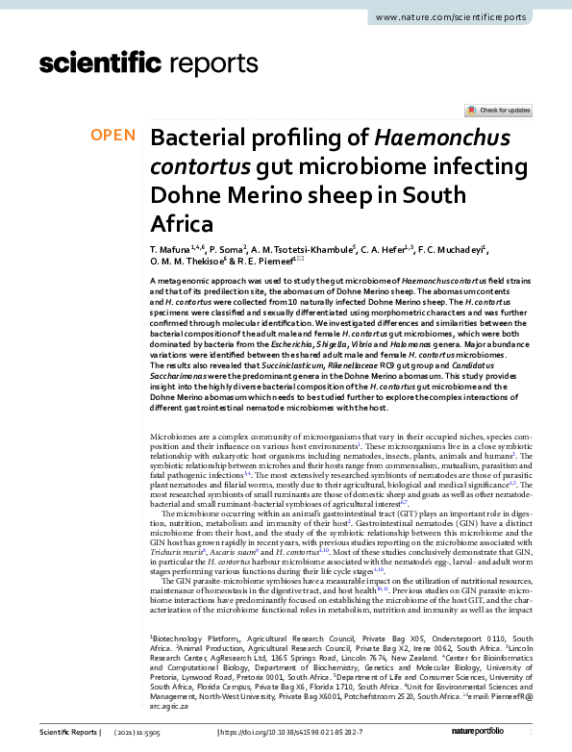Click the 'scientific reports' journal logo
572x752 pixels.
[142, 64]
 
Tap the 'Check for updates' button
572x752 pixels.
[498, 111]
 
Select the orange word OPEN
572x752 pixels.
[113, 137]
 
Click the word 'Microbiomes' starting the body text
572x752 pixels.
[173, 437]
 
